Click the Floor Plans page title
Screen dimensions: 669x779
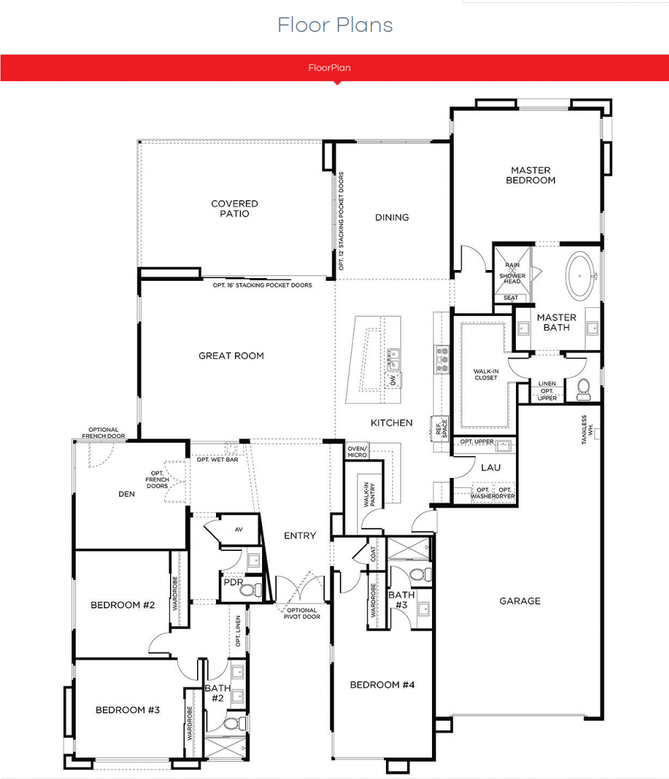tap(335, 25)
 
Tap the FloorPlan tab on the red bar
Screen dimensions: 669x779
tap(330, 68)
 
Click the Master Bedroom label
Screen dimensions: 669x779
tap(531, 175)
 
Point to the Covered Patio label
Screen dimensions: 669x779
tap(234, 208)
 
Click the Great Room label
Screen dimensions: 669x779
tap(231, 356)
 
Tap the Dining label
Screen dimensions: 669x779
tap(392, 218)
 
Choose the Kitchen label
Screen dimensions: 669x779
tap(391, 423)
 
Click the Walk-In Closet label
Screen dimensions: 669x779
tap(485, 374)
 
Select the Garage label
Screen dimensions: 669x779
tap(520, 601)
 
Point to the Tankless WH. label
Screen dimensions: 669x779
tap(587, 430)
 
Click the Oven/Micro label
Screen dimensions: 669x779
tap(358, 451)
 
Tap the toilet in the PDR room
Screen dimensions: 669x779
tap(251, 590)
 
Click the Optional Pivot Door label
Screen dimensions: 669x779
tap(302, 614)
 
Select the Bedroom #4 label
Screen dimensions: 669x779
tap(382, 685)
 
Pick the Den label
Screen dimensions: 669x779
tap(127, 494)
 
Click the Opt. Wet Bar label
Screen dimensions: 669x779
tap(217, 460)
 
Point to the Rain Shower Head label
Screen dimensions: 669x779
tap(513, 273)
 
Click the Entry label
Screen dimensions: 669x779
tap(300, 535)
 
